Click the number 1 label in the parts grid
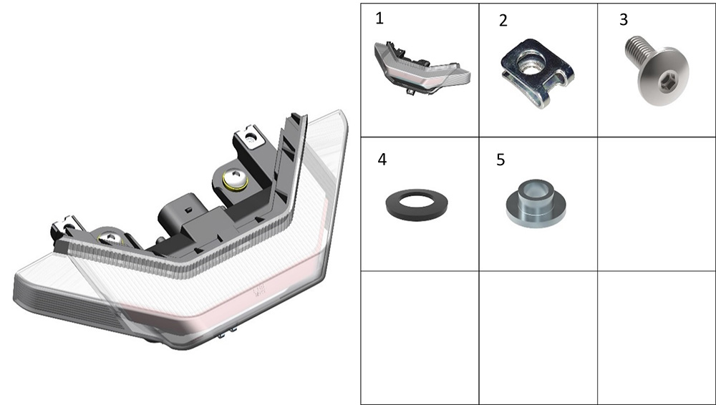point(379,19)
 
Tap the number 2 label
point(503,21)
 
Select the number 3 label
point(624,19)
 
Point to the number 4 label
point(382,160)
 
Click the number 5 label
point(500,160)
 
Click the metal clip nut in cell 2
point(538,73)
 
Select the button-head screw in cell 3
point(657,69)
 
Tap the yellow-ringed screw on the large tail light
point(235,180)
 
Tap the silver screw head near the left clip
point(109,238)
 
